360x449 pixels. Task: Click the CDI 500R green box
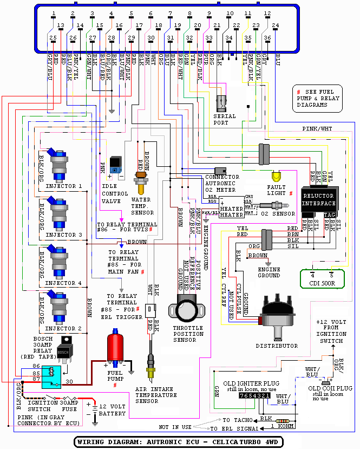[x=322, y=278]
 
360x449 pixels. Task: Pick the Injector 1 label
[x=64, y=186]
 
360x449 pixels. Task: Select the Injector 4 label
[x=64, y=283]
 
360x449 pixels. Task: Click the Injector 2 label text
[x=64, y=329]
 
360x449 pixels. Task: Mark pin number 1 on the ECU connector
[x=53, y=13]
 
